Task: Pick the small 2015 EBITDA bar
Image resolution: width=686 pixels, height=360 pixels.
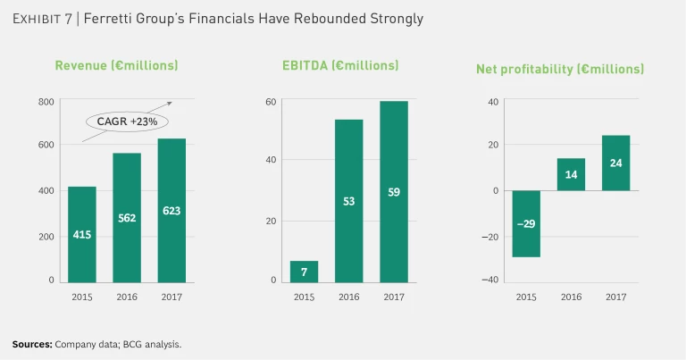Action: (305, 272)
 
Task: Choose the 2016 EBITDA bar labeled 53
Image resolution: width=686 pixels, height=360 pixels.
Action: (348, 201)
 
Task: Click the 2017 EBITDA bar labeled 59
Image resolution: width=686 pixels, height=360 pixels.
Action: (394, 191)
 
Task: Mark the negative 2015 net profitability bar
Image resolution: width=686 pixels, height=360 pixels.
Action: (526, 223)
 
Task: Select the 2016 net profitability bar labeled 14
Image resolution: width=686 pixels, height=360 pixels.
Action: (571, 174)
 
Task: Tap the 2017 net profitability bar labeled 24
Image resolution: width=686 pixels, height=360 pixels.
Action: (615, 163)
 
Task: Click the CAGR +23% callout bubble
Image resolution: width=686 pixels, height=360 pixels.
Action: (127, 121)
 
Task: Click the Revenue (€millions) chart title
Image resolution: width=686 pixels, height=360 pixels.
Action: (116, 65)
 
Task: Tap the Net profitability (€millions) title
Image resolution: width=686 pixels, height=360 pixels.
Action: (573, 69)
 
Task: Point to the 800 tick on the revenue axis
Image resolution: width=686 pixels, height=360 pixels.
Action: (46, 102)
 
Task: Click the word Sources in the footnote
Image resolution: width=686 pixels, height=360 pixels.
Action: (32, 344)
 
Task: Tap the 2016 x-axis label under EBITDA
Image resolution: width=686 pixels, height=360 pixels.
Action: (348, 297)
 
